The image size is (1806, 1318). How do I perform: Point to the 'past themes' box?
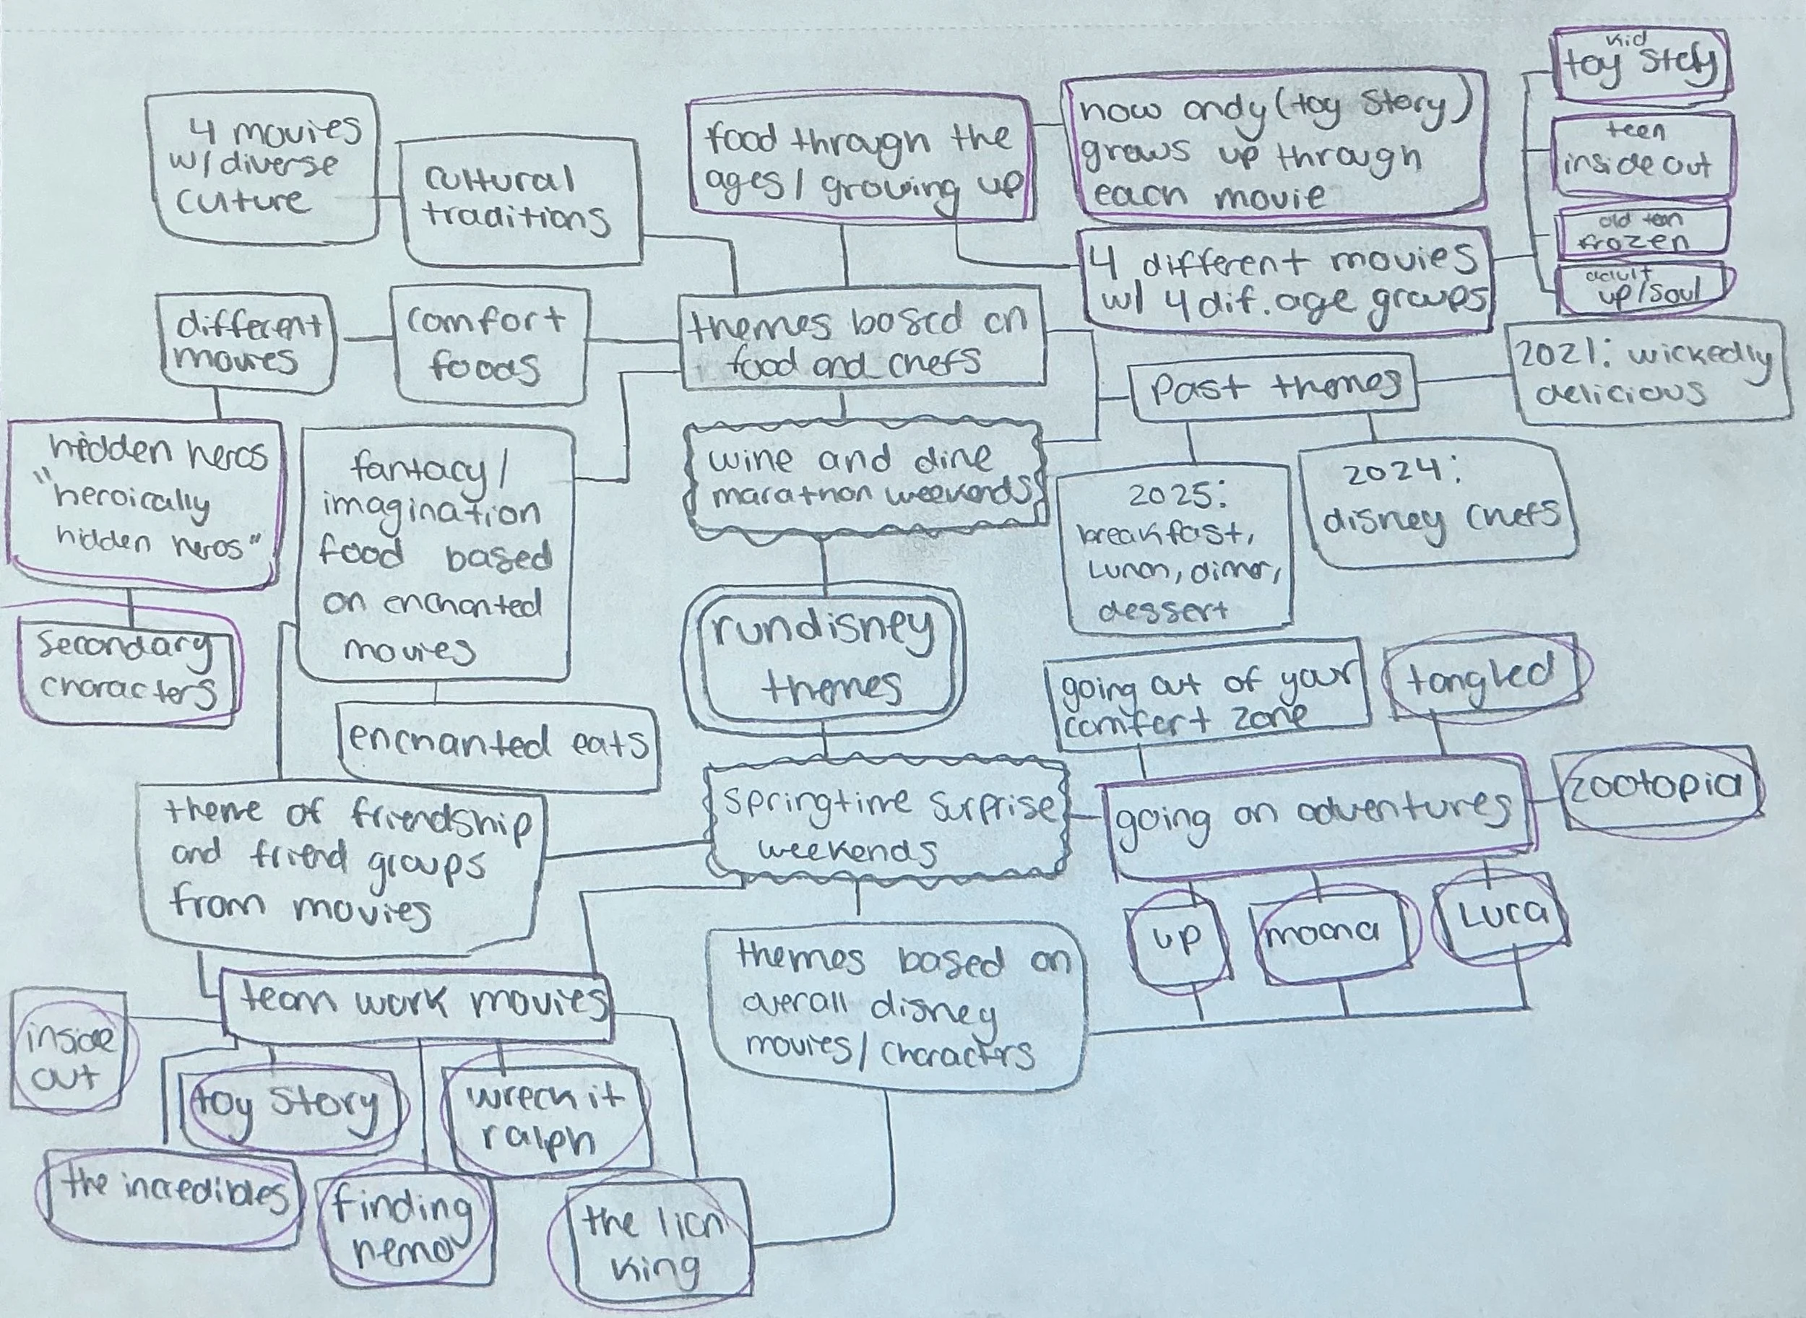click(x=1274, y=389)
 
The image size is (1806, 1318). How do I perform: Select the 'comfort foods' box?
click(x=488, y=344)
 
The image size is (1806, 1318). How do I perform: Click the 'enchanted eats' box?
click(x=498, y=746)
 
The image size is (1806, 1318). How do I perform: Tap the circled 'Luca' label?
click(x=1500, y=915)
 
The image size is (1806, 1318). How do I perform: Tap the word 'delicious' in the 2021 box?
click(x=1620, y=394)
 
